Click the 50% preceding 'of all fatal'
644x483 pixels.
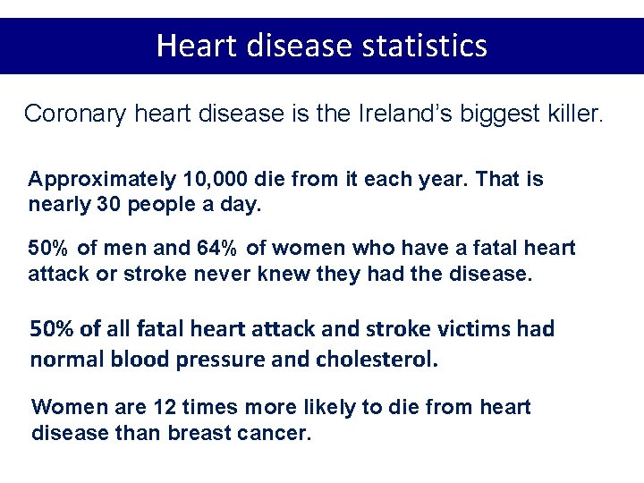point(52,328)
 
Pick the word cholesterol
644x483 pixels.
point(377,360)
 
